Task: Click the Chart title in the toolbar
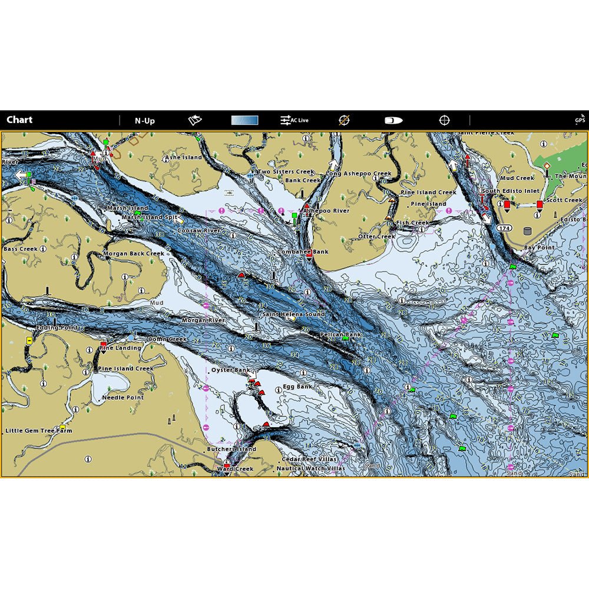pyautogui.click(x=19, y=120)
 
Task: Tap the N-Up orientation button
pyautogui.click(x=144, y=121)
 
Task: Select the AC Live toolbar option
pyautogui.click(x=294, y=120)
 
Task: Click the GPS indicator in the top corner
pyautogui.click(x=580, y=120)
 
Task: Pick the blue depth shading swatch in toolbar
pyautogui.click(x=244, y=120)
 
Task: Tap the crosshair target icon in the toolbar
pyautogui.click(x=445, y=120)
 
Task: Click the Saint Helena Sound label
pyautogui.click(x=293, y=315)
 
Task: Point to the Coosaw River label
pyautogui.click(x=198, y=231)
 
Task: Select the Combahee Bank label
pyautogui.click(x=303, y=252)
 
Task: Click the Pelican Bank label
pyautogui.click(x=340, y=335)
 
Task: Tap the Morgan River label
pyautogui.click(x=203, y=320)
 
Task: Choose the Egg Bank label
pyautogui.click(x=297, y=387)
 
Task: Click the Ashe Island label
pyautogui.click(x=183, y=158)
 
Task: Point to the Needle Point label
pyautogui.click(x=123, y=398)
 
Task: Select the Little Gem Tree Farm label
pyautogui.click(x=39, y=431)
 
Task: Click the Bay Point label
pyautogui.click(x=539, y=248)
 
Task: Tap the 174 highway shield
pyautogui.click(x=503, y=227)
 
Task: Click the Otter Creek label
pyautogui.click(x=377, y=237)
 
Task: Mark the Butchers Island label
pyautogui.click(x=231, y=449)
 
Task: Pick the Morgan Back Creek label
pyautogui.click(x=134, y=254)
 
